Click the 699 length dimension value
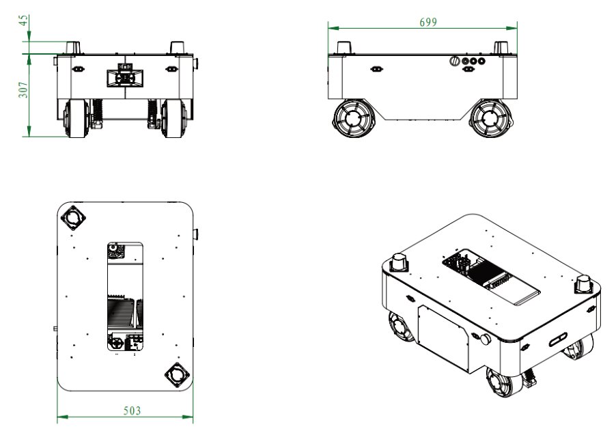428,22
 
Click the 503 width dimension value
132,410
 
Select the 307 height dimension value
24,90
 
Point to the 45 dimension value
24,20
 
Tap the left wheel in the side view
352,118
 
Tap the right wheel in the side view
491,118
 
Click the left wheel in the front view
76,118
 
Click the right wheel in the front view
173,118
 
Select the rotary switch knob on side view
455,61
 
